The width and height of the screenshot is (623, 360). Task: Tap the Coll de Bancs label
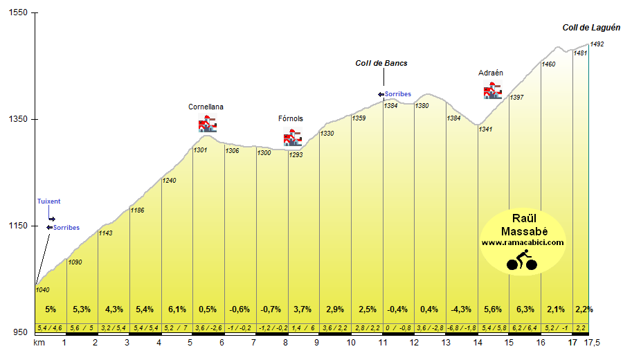(381, 63)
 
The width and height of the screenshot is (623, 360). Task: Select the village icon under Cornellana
(207, 125)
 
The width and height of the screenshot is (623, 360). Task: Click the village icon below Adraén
(492, 91)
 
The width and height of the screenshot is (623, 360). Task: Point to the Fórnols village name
(291, 118)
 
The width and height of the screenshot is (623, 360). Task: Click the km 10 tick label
(350, 343)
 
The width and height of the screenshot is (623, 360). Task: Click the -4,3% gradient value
(461, 309)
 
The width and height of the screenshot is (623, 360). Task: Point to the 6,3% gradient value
(525, 309)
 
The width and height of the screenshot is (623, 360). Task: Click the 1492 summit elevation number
(597, 44)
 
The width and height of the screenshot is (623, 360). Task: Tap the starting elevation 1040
(43, 290)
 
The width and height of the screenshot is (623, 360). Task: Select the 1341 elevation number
(485, 129)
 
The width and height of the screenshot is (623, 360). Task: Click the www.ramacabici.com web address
(523, 242)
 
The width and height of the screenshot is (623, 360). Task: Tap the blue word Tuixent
(48, 201)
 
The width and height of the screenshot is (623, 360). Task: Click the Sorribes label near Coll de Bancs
(398, 94)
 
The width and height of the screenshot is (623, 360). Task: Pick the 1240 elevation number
(170, 181)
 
